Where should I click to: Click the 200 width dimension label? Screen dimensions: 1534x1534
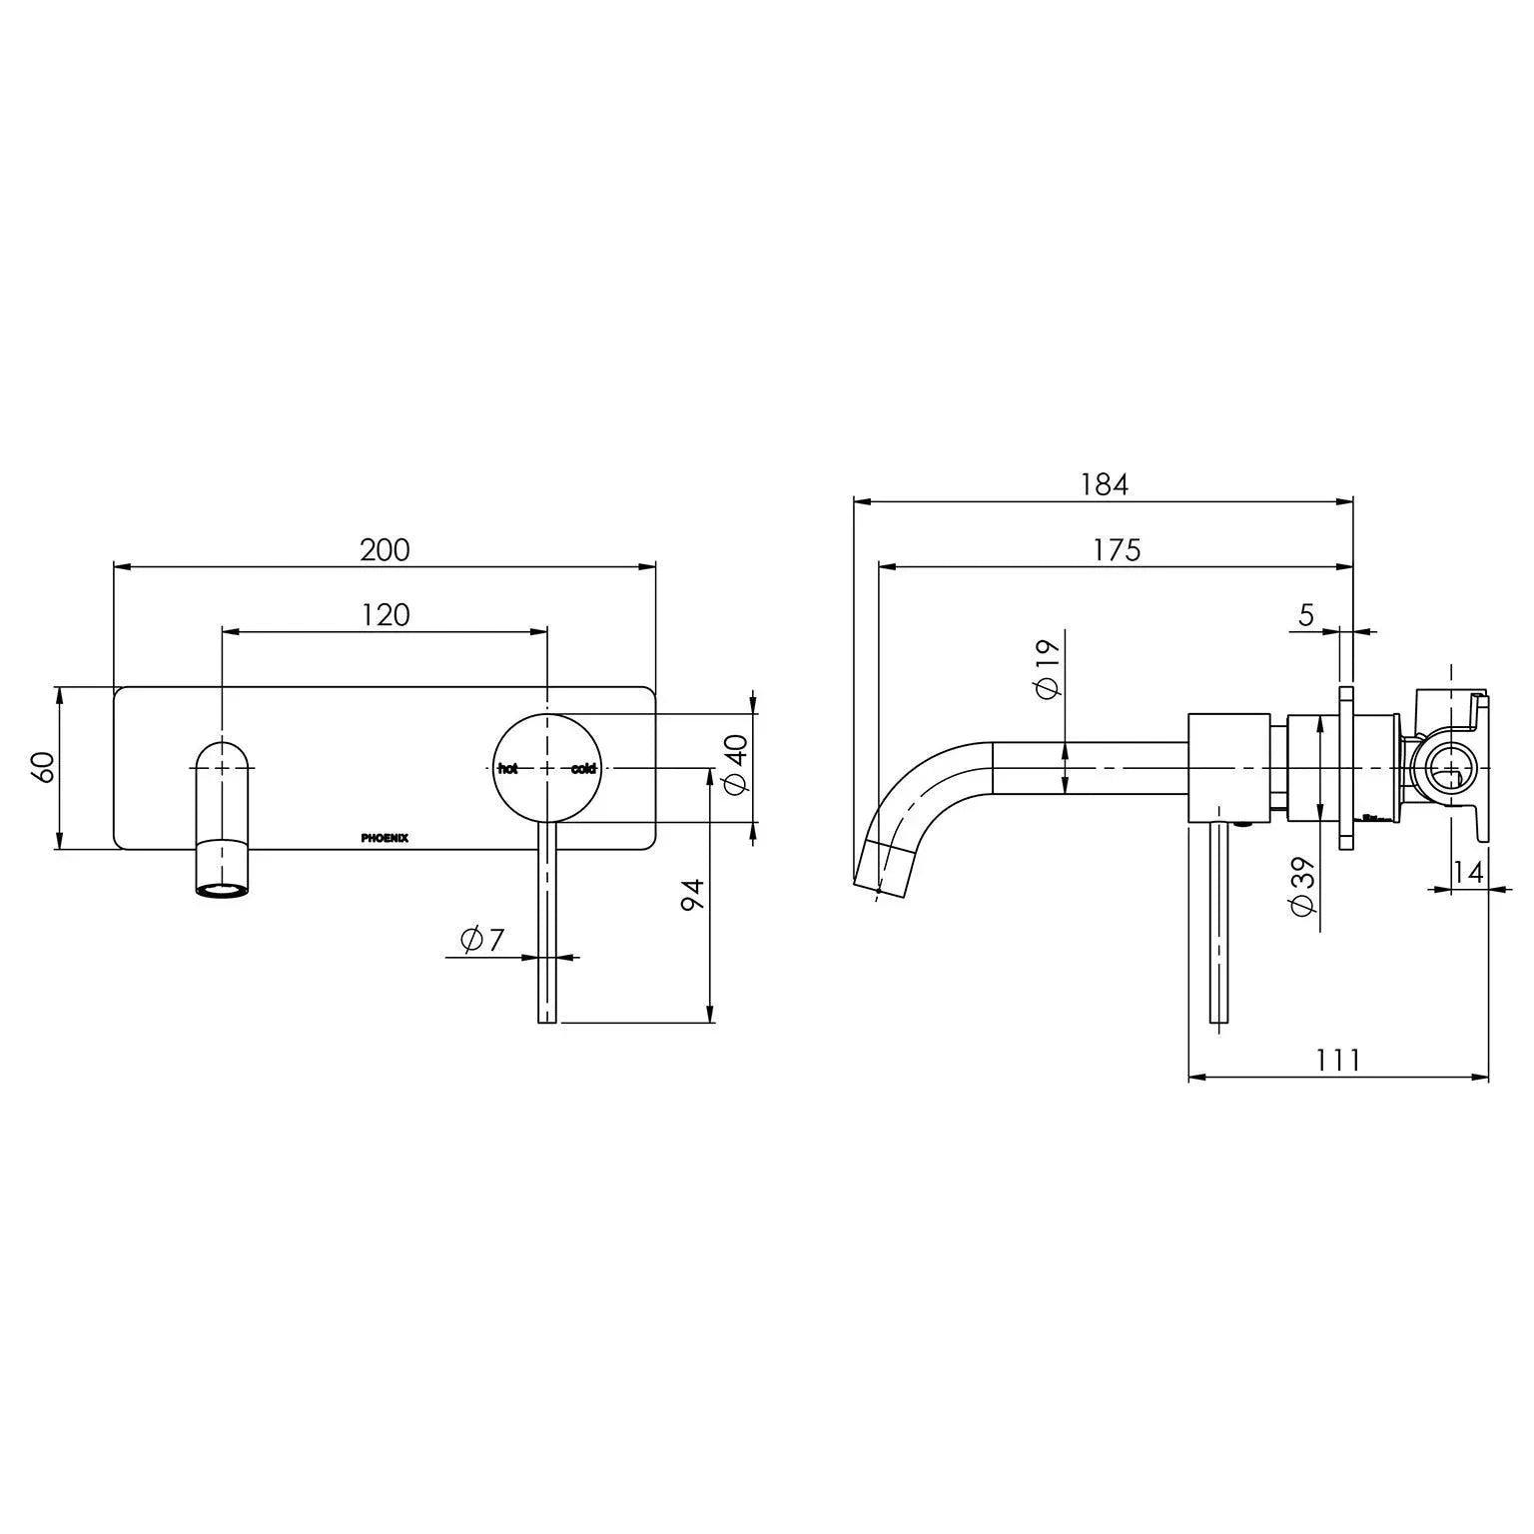coord(384,550)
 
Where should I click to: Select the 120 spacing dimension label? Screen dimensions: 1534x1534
coord(385,614)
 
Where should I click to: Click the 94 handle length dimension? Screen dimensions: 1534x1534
coord(693,894)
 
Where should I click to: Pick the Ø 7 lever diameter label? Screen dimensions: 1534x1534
coord(482,939)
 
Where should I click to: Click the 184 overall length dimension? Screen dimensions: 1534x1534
coord(1104,484)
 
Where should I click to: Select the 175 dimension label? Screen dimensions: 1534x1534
coord(1116,550)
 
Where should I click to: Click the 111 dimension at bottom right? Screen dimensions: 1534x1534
coord(1337,1060)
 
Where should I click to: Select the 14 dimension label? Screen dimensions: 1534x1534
coord(1467,872)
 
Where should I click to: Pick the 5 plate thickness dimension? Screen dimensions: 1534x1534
coord(1307,615)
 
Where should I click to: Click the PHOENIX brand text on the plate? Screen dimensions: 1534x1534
coord(384,838)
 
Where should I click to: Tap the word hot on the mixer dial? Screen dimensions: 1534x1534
coord(508,768)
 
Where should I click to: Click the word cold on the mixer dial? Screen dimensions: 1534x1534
coord(583,768)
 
